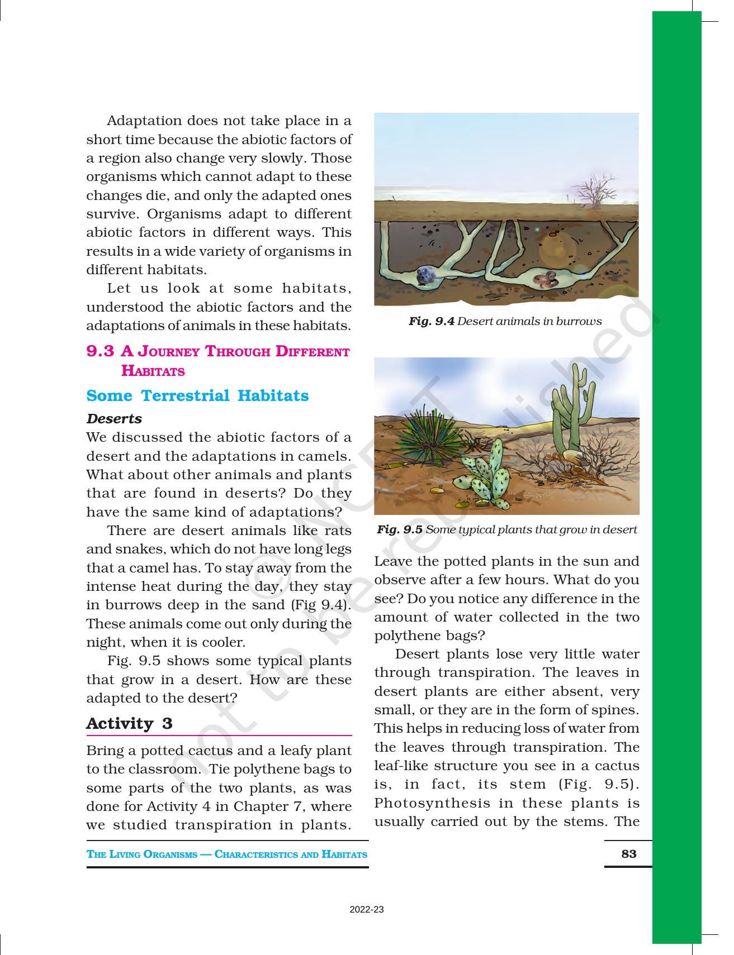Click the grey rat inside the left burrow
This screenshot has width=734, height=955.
click(425, 276)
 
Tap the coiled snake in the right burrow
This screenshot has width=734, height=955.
click(543, 279)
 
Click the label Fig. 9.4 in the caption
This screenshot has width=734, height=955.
click(431, 321)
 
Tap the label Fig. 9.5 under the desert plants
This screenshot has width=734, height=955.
click(399, 529)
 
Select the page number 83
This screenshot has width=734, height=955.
click(628, 853)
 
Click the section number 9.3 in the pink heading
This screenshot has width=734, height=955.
click(100, 351)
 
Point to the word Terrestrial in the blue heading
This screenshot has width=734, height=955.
click(185, 395)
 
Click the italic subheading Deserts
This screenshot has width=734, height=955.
click(114, 418)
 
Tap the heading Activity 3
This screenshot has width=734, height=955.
click(129, 723)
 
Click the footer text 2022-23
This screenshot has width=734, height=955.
click(367, 909)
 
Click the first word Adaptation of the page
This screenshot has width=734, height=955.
click(144, 121)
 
